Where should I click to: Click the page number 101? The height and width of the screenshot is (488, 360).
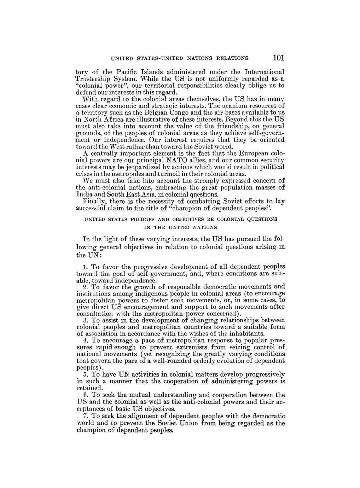point(278,58)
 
